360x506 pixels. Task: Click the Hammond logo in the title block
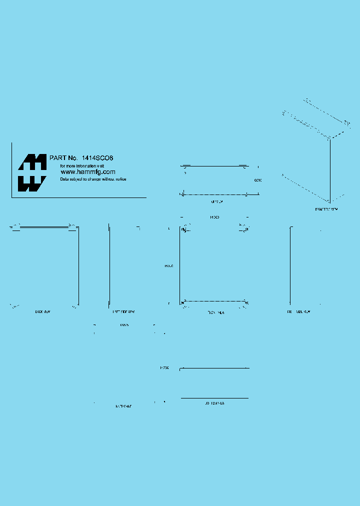(32, 172)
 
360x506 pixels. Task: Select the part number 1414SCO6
(98, 157)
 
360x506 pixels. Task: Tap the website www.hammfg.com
(88, 171)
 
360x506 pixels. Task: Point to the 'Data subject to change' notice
(93, 179)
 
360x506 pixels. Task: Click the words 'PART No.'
(61, 157)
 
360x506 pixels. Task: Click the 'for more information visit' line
(82, 165)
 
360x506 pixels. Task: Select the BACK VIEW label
(42, 311)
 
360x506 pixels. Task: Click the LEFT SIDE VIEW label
(123, 311)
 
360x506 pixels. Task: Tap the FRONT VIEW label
(215, 311)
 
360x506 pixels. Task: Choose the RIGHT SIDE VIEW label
(298, 311)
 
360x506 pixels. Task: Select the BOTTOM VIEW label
(214, 402)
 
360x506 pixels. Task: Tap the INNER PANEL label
(123, 406)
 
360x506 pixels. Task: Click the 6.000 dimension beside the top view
(258, 180)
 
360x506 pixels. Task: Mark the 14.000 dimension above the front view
(214, 217)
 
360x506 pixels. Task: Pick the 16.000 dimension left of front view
(168, 265)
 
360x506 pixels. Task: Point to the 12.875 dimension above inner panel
(124, 325)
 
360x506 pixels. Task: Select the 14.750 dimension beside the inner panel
(164, 368)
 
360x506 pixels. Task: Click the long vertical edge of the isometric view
(330, 170)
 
